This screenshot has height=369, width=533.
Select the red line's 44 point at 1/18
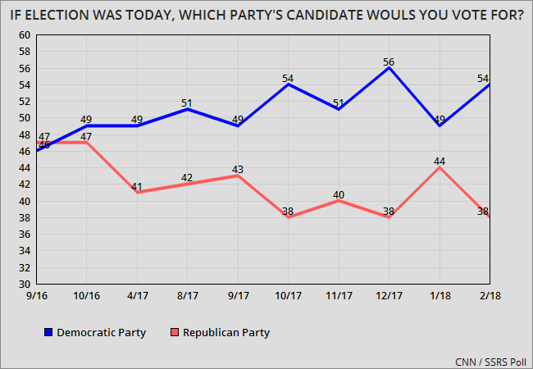pyautogui.click(x=440, y=167)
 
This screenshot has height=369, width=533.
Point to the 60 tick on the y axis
pyautogui.click(x=24, y=34)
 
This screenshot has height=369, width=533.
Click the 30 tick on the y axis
pyautogui.click(x=24, y=284)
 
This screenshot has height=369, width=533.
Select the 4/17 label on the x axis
pyautogui.click(x=138, y=296)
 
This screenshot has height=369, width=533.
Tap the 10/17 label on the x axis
pyautogui.click(x=289, y=296)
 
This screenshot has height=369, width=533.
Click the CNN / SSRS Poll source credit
pyautogui.click(x=490, y=360)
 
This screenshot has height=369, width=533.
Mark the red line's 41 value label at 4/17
pyautogui.click(x=138, y=184)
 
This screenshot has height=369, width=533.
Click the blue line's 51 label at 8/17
pyautogui.click(x=188, y=102)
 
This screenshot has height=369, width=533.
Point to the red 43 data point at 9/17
pyautogui.click(x=239, y=175)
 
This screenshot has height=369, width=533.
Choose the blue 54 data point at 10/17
pyautogui.click(x=289, y=84)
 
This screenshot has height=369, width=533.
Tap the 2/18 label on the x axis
pyautogui.click(x=490, y=296)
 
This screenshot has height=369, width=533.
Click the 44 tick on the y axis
pyautogui.click(x=24, y=167)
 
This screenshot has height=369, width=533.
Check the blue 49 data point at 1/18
pyautogui.click(x=440, y=125)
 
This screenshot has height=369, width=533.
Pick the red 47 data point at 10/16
pyautogui.click(x=87, y=142)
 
